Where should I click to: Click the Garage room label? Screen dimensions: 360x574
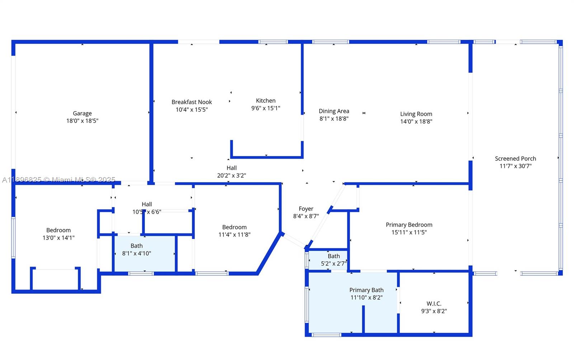82,113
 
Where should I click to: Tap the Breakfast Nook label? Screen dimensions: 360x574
192,102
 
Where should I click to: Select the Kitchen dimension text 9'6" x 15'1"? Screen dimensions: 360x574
265,108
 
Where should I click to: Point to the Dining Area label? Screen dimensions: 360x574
334,111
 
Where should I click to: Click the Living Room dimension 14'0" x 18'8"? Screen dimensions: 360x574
416,122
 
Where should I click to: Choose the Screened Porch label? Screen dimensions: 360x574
515,158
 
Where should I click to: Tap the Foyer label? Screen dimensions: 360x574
306,209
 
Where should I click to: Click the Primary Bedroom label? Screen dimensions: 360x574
409,225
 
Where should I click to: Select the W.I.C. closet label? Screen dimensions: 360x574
434,304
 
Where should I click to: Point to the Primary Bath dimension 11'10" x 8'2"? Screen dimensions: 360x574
366,298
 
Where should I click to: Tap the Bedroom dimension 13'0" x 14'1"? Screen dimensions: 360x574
58,238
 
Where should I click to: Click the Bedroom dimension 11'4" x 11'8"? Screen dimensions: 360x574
234,235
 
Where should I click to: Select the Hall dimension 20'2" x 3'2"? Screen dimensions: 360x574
231,176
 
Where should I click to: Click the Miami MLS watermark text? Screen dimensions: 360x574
59,180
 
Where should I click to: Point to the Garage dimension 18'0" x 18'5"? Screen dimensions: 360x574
82,121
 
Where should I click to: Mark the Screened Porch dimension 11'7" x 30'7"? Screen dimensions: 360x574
515,166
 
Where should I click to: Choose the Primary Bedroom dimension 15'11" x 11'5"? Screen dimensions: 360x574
409,232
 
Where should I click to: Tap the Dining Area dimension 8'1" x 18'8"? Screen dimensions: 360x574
334,119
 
